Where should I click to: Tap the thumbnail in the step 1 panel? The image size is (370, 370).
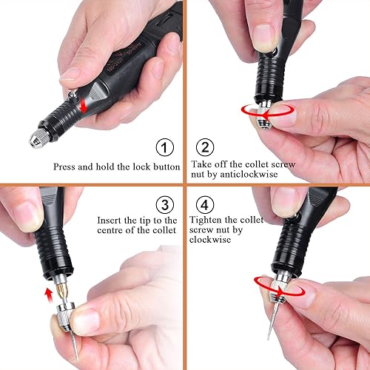pos(69,73)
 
